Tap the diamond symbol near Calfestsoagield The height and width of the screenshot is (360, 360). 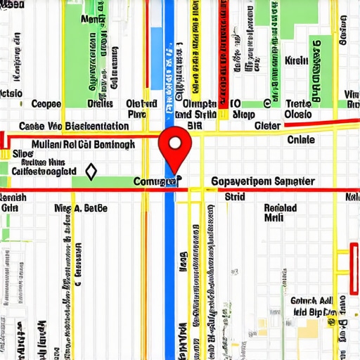(90, 171)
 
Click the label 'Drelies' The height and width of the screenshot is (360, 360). (100, 103)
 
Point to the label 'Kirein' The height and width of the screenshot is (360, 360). (297, 61)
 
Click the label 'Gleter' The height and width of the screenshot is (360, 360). (267, 126)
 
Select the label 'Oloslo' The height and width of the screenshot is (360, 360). (298, 114)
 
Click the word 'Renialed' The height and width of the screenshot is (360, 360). (280, 208)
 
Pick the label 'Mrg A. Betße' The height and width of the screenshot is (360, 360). (81, 208)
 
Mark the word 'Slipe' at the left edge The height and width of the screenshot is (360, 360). (22, 152)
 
